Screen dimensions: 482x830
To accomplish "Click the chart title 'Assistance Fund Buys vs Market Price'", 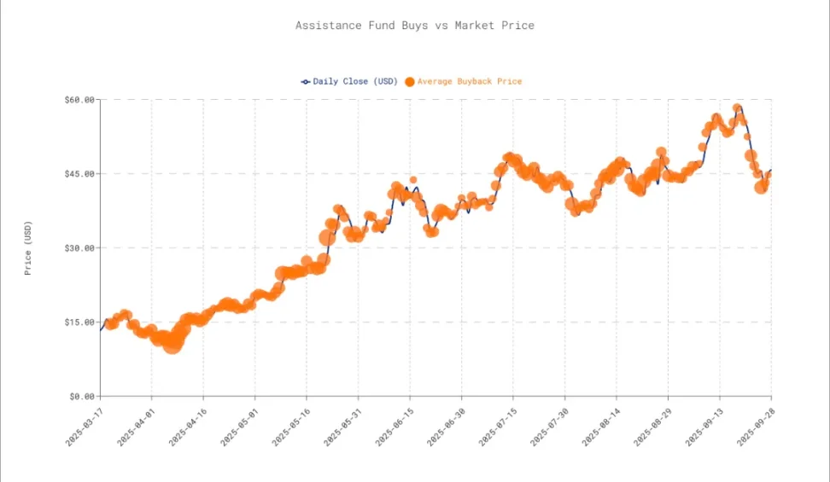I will tap(414, 26).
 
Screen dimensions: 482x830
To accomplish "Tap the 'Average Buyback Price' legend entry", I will tap(469, 82).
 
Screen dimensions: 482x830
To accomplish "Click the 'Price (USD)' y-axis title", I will tap(28, 248).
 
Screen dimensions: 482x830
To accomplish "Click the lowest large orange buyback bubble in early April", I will tap(172, 342).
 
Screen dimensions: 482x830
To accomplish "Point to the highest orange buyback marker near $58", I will tap(737, 109).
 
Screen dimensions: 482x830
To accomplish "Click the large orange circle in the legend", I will tap(409, 82).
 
